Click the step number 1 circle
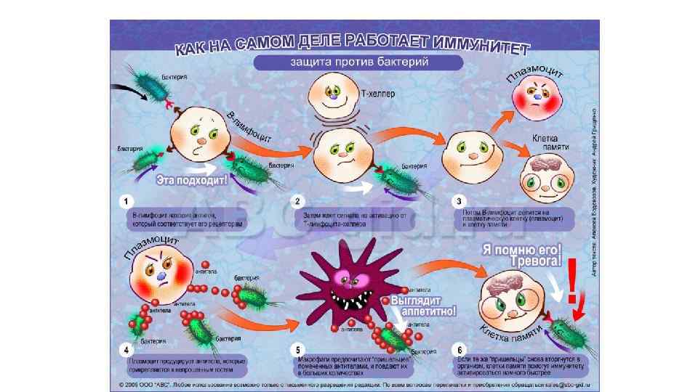pos(128,200)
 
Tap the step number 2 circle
pos(297,200)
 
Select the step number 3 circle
pos(457,200)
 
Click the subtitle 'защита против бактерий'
pos(358,62)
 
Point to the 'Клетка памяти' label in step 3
pos(550,141)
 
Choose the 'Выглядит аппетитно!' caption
pos(424,305)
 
